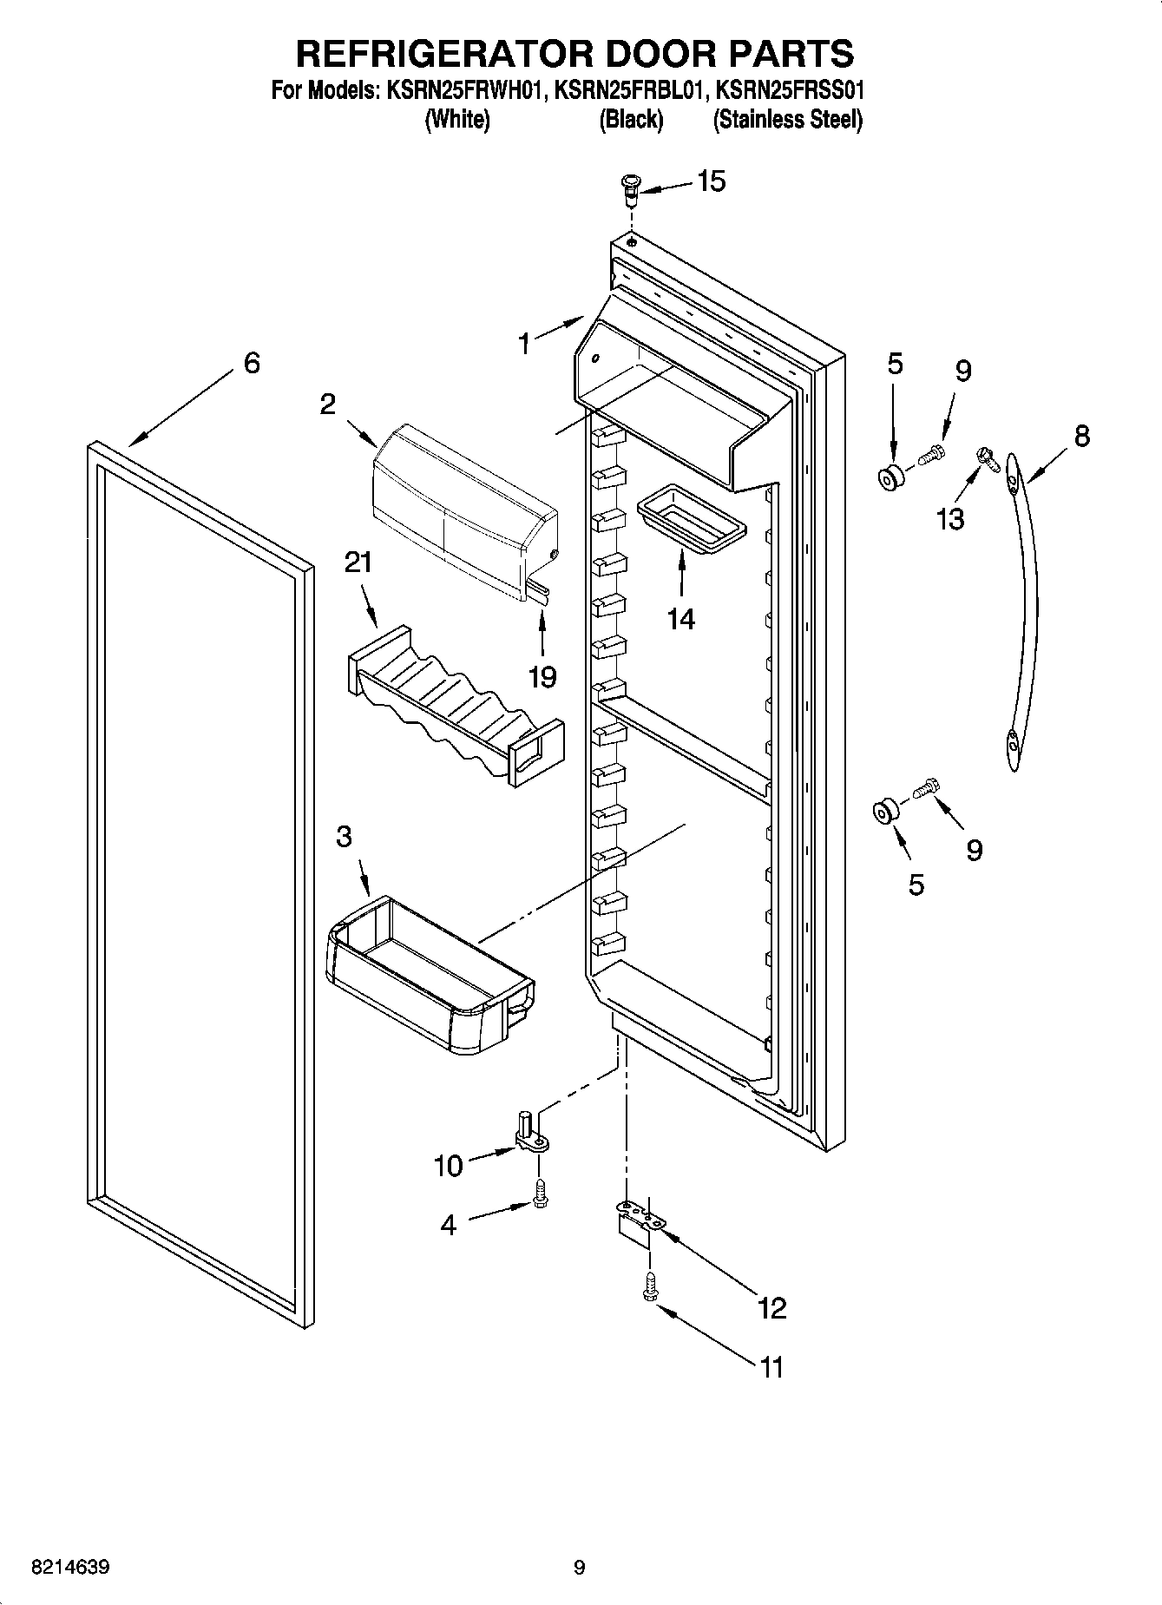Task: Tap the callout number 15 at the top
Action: (711, 181)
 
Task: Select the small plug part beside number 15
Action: (631, 187)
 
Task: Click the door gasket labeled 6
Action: (95, 781)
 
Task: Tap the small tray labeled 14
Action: (691, 521)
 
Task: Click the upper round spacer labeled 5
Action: (890, 477)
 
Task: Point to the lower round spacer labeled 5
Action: (885, 813)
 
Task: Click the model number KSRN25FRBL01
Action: (629, 90)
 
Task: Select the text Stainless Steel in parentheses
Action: (787, 120)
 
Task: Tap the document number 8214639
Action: (69, 1568)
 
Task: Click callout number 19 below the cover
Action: (542, 676)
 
